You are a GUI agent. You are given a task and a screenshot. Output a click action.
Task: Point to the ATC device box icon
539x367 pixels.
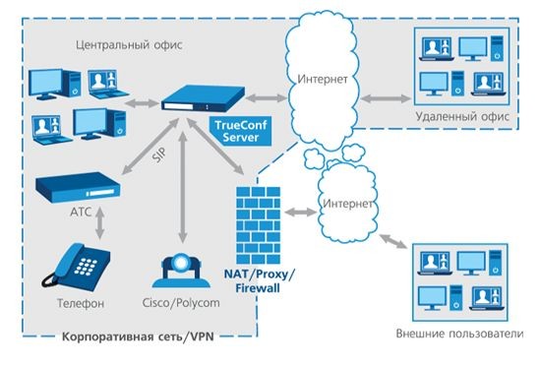77,186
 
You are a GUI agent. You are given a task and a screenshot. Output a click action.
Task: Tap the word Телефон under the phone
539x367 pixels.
75,304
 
